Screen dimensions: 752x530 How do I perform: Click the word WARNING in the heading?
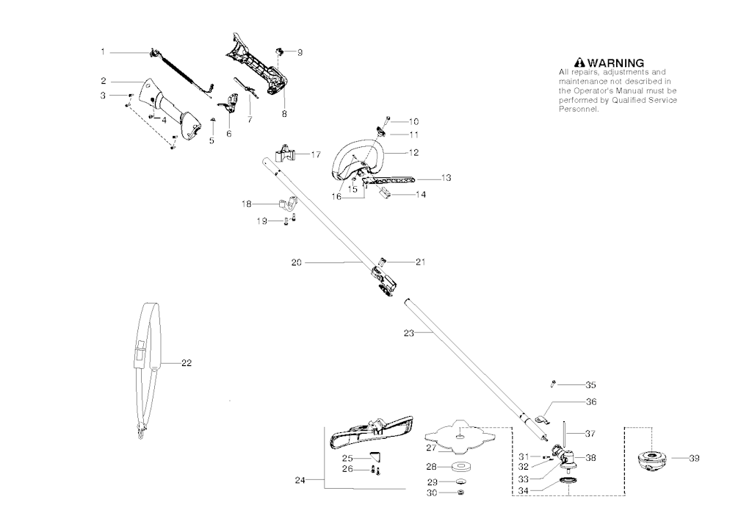pyautogui.click(x=616, y=63)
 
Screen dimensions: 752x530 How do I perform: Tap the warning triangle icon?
pyautogui.click(x=580, y=63)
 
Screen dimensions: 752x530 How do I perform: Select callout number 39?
pyautogui.click(x=694, y=459)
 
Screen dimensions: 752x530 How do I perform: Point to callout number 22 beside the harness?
pyautogui.click(x=187, y=363)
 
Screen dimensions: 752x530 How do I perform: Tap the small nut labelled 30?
pyautogui.click(x=461, y=493)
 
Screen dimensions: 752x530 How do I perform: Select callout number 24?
pyautogui.click(x=300, y=480)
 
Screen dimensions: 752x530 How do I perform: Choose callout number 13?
pyautogui.click(x=446, y=178)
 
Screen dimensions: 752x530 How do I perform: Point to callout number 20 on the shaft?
pyautogui.click(x=297, y=262)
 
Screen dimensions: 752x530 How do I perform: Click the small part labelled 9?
pyautogui.click(x=280, y=51)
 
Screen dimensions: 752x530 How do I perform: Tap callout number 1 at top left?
pyautogui.click(x=103, y=52)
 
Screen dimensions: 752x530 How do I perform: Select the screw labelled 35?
pyautogui.click(x=553, y=384)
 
